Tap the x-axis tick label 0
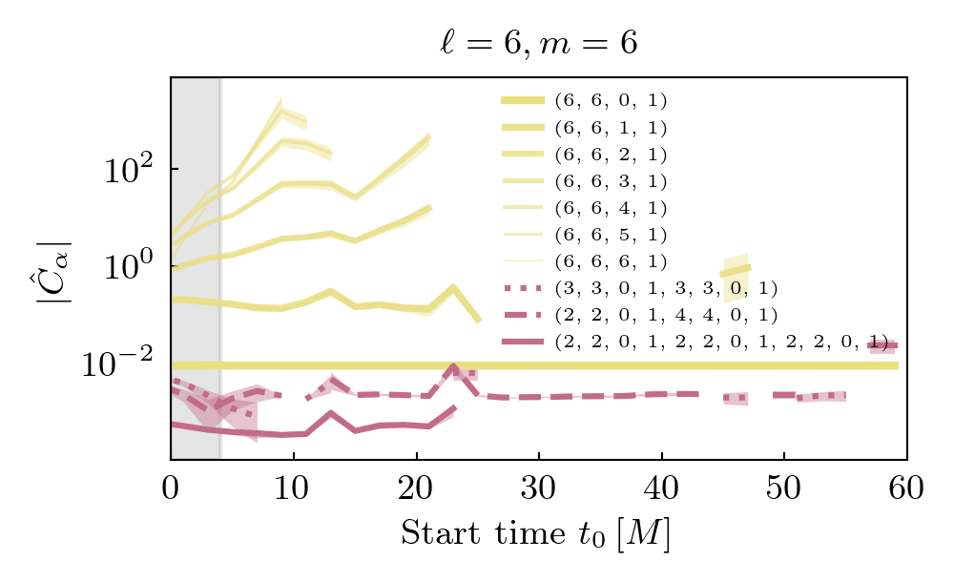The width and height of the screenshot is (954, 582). pyautogui.click(x=171, y=489)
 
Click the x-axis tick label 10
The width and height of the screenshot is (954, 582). pyautogui.click(x=293, y=489)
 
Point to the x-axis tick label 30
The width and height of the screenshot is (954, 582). pyautogui.click(x=538, y=489)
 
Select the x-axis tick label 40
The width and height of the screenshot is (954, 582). pyautogui.click(x=661, y=489)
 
